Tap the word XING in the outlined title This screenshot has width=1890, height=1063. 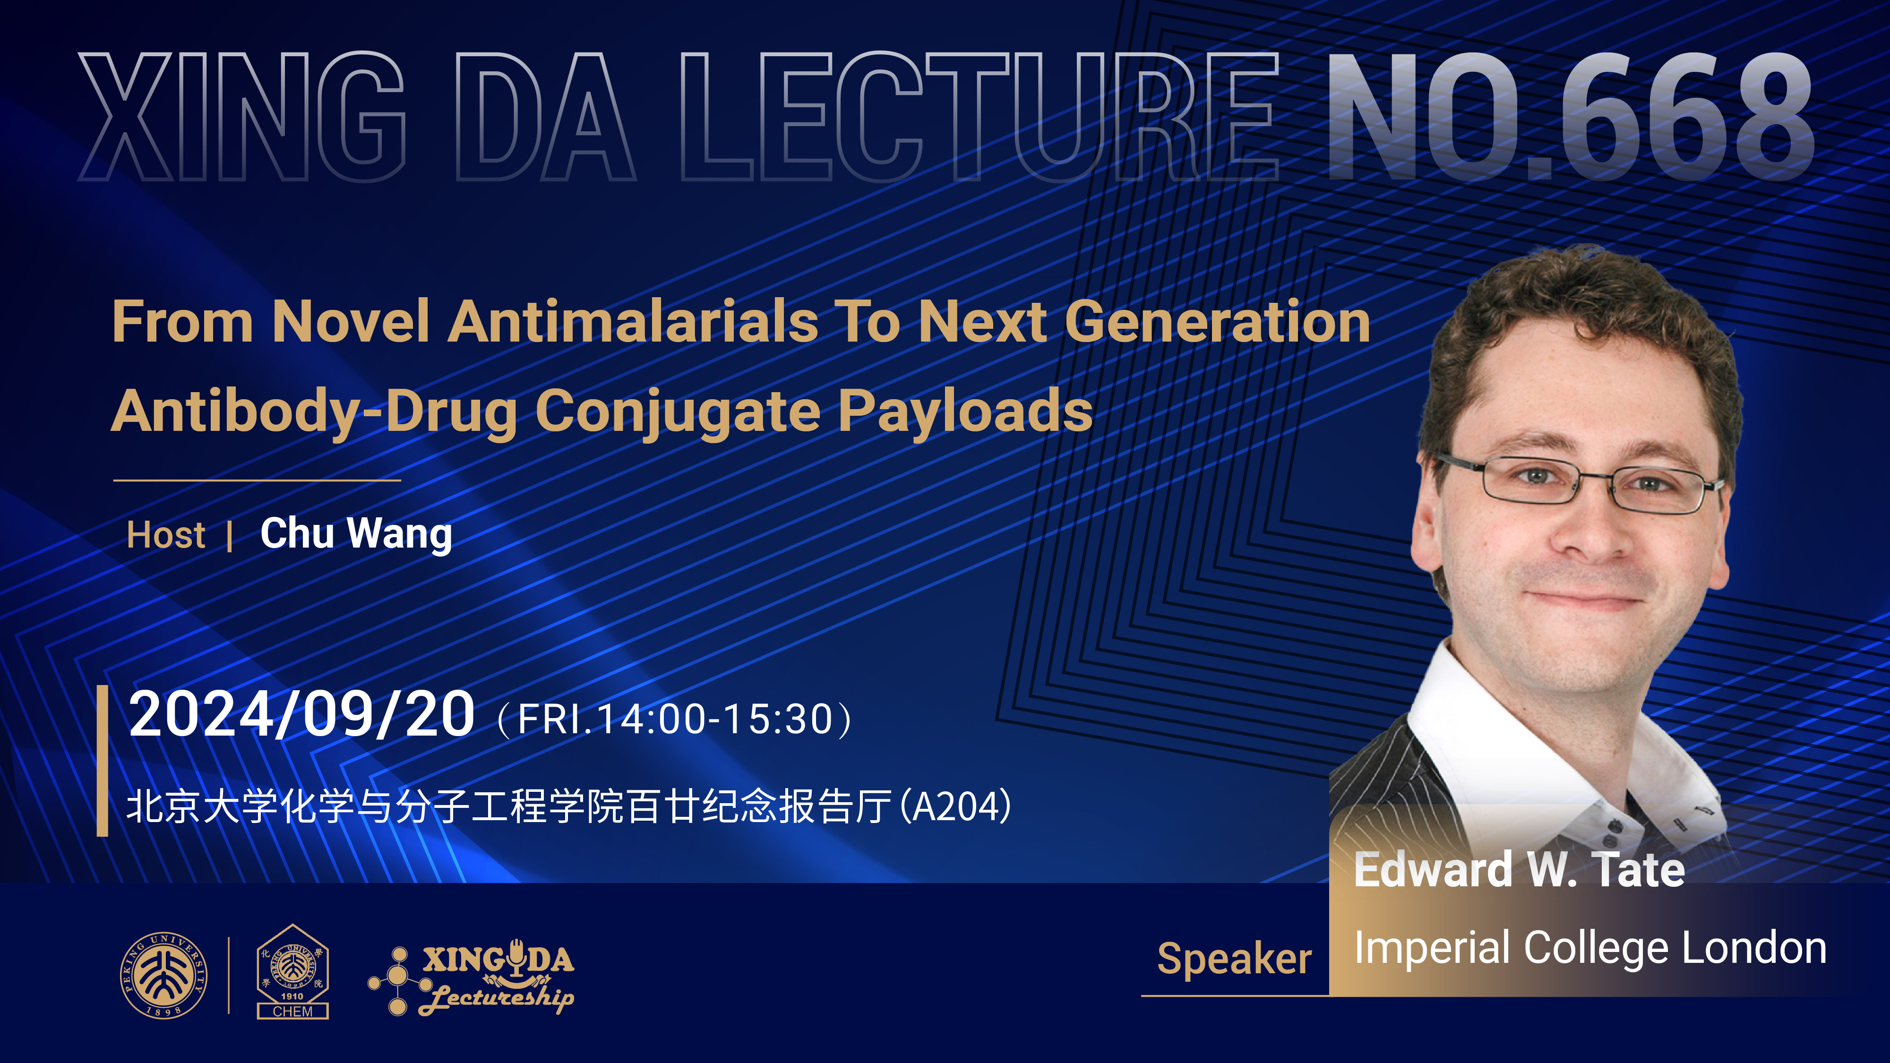point(242,117)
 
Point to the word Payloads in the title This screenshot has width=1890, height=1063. point(965,413)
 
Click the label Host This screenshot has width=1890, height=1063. point(166,535)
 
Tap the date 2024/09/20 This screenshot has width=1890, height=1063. point(301,715)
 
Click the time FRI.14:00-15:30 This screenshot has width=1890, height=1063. point(675,720)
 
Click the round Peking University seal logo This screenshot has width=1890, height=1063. point(163,975)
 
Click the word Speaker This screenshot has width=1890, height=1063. point(1234,960)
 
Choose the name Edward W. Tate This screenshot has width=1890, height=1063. point(1519,870)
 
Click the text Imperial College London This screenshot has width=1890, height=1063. point(1590,949)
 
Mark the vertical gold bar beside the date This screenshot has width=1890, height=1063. point(103,761)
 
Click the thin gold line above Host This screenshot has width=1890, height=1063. point(257,480)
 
